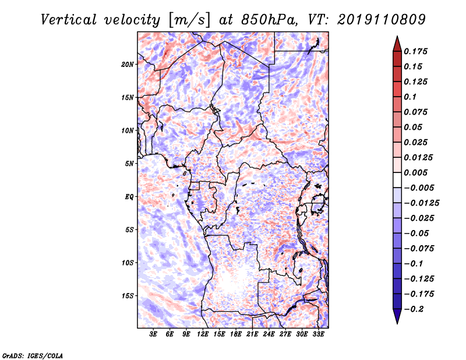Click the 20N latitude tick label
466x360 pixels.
click(x=127, y=65)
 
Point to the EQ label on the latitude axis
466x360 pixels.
click(x=129, y=197)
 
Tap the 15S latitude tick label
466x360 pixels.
click(x=127, y=296)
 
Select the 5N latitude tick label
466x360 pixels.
click(x=129, y=164)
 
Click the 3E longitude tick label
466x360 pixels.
click(x=153, y=334)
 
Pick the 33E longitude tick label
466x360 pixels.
click(x=318, y=334)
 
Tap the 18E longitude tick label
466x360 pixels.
click(x=236, y=334)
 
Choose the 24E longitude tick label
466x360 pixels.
click(x=269, y=334)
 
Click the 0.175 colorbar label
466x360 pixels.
click(x=415, y=51)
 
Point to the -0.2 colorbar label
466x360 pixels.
click(x=414, y=309)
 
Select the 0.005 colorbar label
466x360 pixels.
click(x=415, y=172)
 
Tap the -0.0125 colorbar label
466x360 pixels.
click(x=421, y=203)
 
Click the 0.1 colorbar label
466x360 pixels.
click(x=410, y=97)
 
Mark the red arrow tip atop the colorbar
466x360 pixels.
click(x=397, y=36)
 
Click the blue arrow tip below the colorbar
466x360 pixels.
click(x=397, y=323)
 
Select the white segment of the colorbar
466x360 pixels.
click(x=397, y=180)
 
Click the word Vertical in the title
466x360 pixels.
click(x=69, y=20)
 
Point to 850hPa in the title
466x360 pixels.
click(x=269, y=20)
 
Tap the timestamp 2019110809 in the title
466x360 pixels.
click(x=382, y=20)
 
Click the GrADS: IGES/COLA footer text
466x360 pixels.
click(x=33, y=356)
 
